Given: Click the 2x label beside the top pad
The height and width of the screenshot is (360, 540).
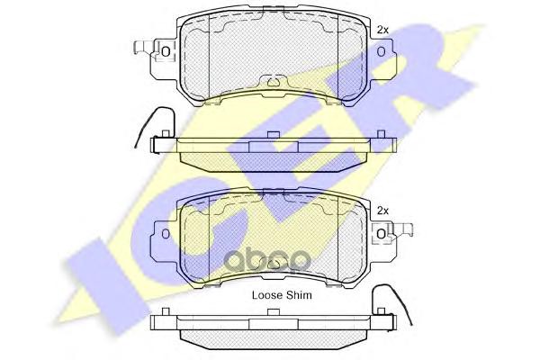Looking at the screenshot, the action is tap(382, 30).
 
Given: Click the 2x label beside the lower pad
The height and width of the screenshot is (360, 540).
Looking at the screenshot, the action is tap(382, 211).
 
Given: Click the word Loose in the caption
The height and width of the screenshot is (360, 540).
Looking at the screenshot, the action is tap(267, 295).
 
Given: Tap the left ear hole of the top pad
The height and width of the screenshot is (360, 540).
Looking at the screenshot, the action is tap(166, 52).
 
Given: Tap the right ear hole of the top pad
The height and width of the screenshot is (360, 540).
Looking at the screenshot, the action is tap(381, 52).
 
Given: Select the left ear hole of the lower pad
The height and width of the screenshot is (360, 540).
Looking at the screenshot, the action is tap(166, 234).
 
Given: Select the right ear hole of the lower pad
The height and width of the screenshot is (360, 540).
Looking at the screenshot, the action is tap(381, 234).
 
